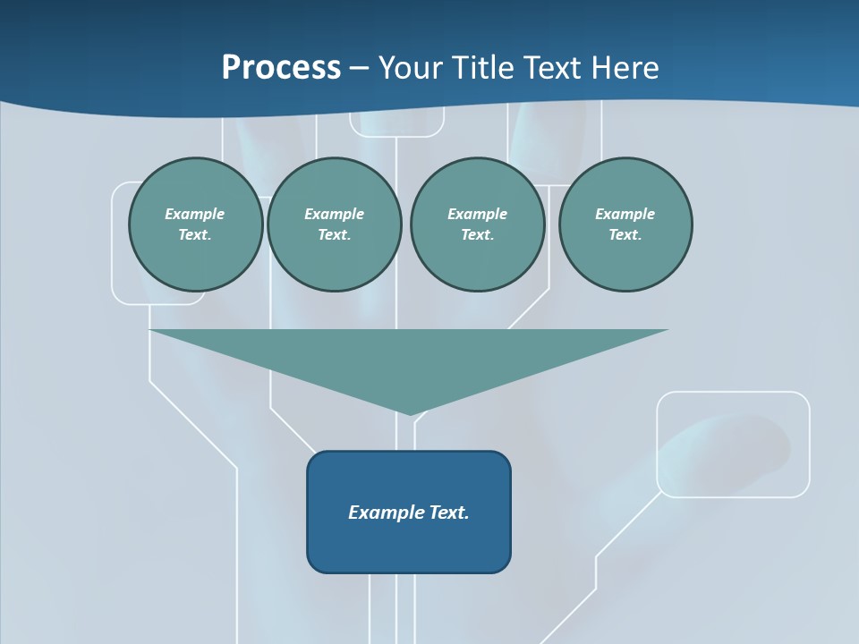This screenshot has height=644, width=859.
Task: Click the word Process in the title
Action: (281, 68)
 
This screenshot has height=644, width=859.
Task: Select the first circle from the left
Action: (195, 225)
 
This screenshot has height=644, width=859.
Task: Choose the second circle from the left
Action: (334, 225)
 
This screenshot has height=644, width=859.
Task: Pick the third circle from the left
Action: (477, 225)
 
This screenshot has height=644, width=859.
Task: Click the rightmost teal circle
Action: (625, 225)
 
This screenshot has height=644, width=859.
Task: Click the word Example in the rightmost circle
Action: (625, 214)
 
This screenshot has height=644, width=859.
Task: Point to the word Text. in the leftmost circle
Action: (195, 235)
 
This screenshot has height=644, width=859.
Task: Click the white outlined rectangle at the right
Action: (733, 444)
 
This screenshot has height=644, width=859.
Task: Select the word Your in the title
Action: (409, 68)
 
